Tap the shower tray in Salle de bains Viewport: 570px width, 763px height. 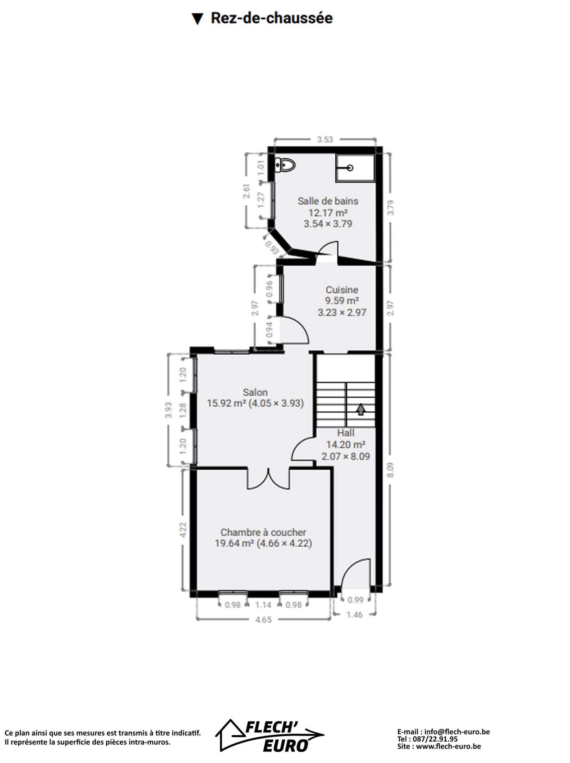pyautogui.click(x=355, y=168)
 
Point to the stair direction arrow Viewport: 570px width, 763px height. pyautogui.click(x=361, y=409)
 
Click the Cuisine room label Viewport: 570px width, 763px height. pyautogui.click(x=342, y=290)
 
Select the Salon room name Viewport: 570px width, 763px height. pyautogui.click(x=255, y=392)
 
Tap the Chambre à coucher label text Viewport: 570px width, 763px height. pyautogui.click(x=263, y=532)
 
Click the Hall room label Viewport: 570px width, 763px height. pyautogui.click(x=346, y=433)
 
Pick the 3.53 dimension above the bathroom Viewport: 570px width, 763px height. pyautogui.click(x=325, y=139)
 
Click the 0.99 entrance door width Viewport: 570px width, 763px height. pyautogui.click(x=355, y=599)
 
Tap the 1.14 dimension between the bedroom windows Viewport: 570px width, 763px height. pyautogui.click(x=263, y=605)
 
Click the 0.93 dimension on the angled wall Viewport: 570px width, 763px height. pyautogui.click(x=272, y=247)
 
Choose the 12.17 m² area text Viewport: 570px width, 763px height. pyautogui.click(x=328, y=213)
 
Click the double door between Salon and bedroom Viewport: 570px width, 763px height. pyautogui.click(x=269, y=479)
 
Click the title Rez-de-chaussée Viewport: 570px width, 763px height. pyautogui.click(x=272, y=18)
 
